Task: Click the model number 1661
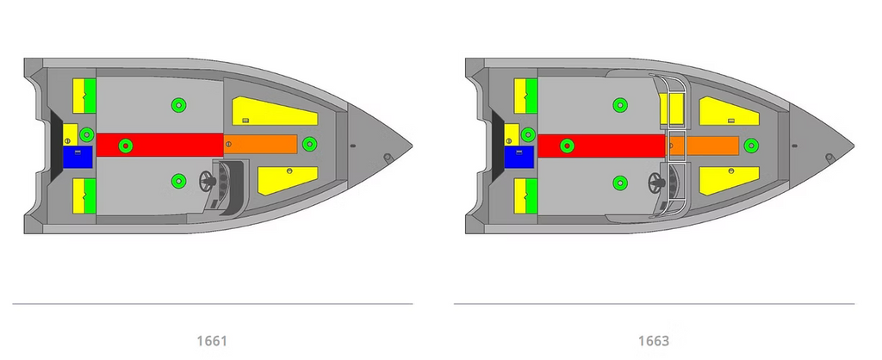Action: click(x=212, y=341)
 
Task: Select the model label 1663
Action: click(x=654, y=341)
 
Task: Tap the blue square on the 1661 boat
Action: click(x=77, y=157)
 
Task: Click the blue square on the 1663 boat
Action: click(x=519, y=157)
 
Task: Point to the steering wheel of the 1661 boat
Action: click(x=208, y=181)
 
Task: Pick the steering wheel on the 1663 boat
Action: click(x=655, y=183)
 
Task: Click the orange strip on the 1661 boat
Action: click(x=260, y=144)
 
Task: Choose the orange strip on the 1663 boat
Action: click(x=702, y=146)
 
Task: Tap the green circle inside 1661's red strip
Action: click(x=126, y=146)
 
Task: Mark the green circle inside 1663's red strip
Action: click(x=567, y=146)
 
